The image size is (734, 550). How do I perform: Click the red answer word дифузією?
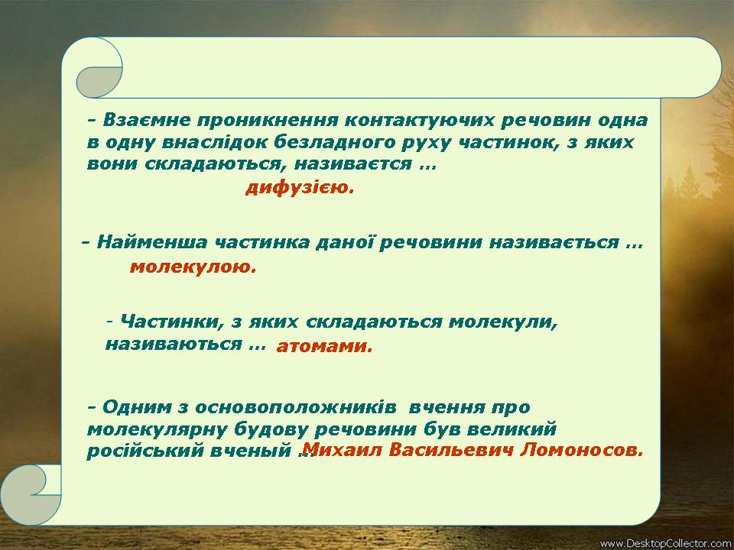click(300, 188)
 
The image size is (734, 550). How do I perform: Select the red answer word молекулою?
click(193, 267)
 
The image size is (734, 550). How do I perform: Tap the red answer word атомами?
click(324, 346)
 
